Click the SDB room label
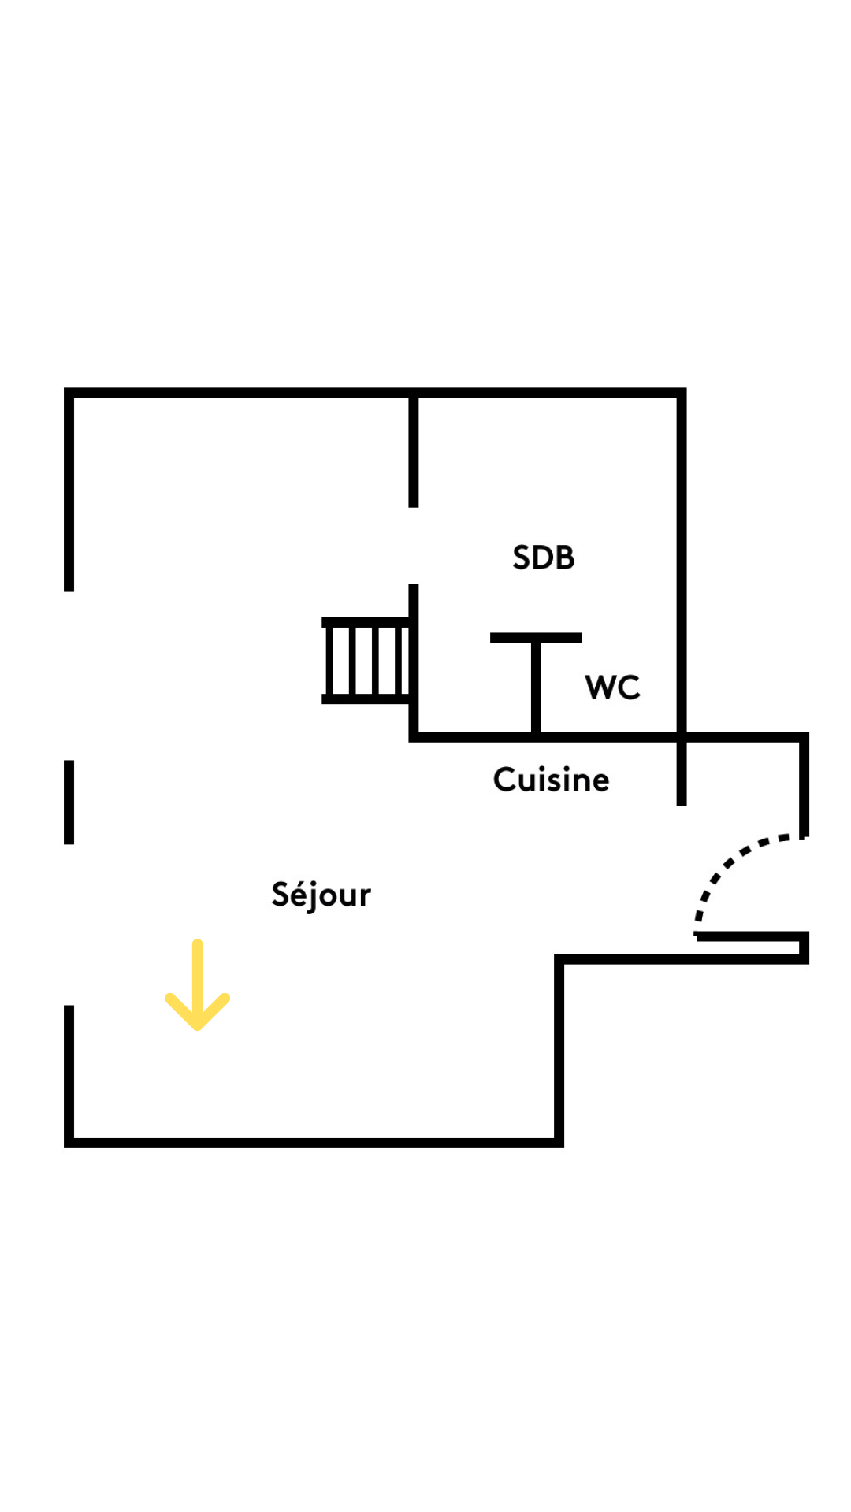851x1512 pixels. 543,558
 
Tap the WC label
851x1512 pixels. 612,687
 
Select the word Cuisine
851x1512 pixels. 551,780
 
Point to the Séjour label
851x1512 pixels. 321,895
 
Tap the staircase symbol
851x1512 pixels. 366,660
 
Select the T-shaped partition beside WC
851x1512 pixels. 536,681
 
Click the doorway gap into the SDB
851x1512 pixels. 413,546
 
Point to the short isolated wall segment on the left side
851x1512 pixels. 69,802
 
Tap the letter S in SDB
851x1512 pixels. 522,558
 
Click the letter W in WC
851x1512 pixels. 600,687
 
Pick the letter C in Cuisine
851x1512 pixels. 504,780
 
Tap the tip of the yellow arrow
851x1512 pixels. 197,1026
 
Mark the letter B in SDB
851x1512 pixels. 564,558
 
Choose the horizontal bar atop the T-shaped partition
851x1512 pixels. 536,638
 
